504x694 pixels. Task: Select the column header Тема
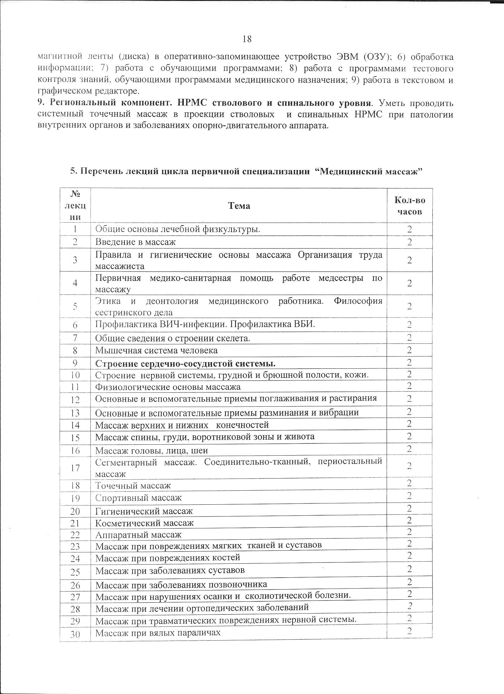tap(239, 206)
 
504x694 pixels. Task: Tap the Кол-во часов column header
tap(409, 206)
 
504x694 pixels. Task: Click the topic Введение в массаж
tap(135, 242)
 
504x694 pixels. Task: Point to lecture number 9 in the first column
tap(75, 363)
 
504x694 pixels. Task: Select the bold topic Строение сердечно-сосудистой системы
tap(186, 364)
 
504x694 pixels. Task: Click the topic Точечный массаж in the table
tap(133, 486)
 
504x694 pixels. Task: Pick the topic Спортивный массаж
tap(138, 498)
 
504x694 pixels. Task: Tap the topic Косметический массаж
tap(145, 523)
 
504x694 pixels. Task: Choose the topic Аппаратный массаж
tap(138, 535)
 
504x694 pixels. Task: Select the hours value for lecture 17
tap(409, 466)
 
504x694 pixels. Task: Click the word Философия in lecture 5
tap(358, 301)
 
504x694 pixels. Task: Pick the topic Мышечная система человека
tap(157, 350)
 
